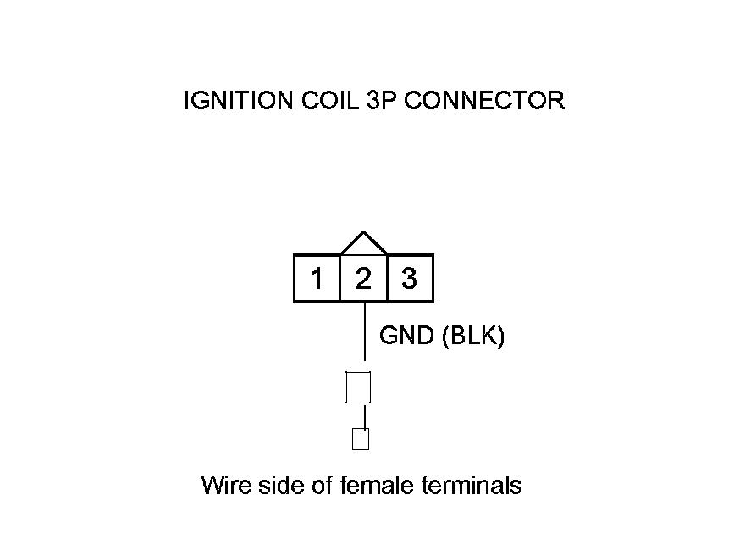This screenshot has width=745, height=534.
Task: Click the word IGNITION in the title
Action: (x=240, y=101)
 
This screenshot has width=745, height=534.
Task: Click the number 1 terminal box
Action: (x=317, y=278)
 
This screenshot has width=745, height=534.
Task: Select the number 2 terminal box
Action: (x=363, y=278)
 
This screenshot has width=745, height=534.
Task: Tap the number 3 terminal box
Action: (x=410, y=278)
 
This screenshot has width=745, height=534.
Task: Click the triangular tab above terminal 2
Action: (x=364, y=244)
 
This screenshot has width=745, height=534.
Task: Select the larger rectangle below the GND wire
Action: (x=359, y=387)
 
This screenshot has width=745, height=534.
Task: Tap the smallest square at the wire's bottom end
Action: (x=361, y=439)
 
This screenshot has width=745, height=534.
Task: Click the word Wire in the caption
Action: (x=223, y=486)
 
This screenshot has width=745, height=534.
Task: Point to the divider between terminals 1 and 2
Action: (x=339, y=278)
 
